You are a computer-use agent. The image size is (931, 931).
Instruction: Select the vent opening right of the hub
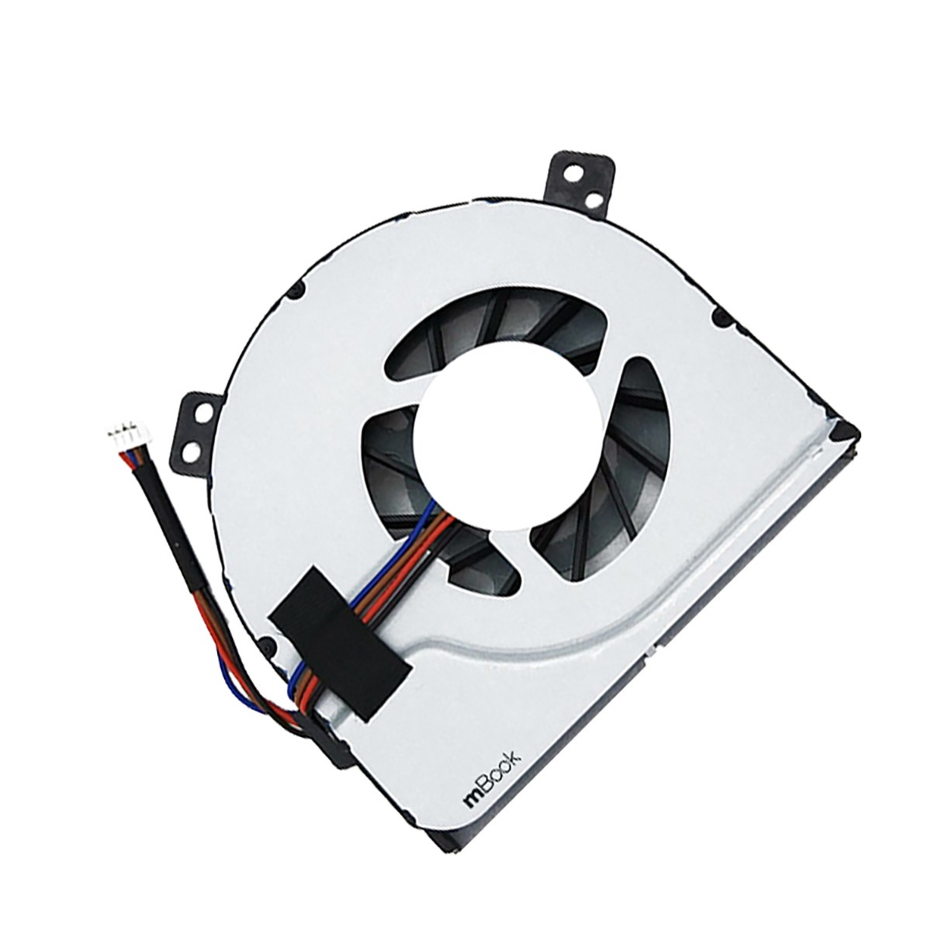coord(621,450)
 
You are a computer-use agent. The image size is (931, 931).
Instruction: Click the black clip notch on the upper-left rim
coord(298,292)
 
